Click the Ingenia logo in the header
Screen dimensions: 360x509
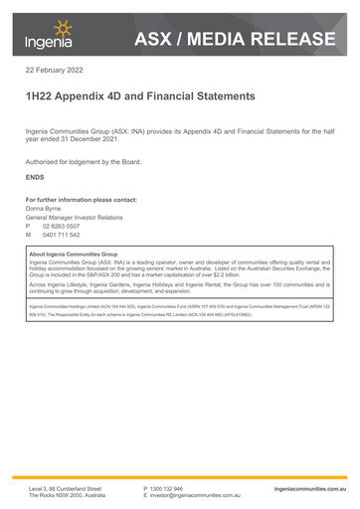coord(47,36)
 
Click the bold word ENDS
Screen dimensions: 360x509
coord(35,177)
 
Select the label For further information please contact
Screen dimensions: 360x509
coord(81,200)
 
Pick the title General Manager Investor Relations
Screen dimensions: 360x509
coord(74,218)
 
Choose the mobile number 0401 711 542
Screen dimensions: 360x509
coord(62,236)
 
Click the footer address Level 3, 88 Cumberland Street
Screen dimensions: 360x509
coord(65,489)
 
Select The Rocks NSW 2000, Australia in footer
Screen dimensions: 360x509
coord(67,496)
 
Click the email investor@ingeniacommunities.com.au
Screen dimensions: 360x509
coord(196,496)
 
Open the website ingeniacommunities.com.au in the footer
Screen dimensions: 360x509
coord(310,489)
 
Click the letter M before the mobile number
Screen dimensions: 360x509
coord(29,236)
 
